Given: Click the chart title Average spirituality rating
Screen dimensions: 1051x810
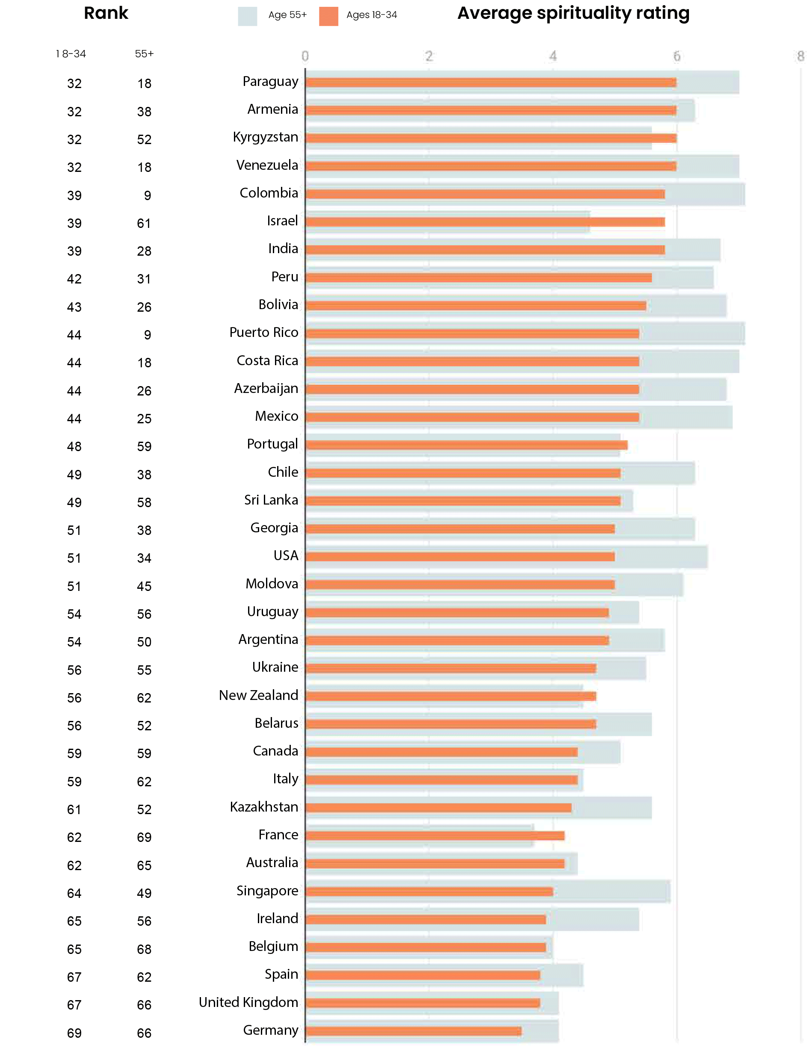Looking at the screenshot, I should [x=573, y=14].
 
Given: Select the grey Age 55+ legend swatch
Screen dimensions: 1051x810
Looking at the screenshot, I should [x=247, y=16].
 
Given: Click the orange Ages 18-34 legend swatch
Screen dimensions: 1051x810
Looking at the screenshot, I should [x=328, y=16].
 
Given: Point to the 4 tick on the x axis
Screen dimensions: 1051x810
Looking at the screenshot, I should [x=553, y=56].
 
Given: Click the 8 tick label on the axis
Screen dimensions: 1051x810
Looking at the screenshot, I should [x=800, y=56].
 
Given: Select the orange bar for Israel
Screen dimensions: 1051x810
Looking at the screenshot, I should [x=485, y=222].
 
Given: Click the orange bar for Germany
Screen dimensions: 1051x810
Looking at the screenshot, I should [x=414, y=1031].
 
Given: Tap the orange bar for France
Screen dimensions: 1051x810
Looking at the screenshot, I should [x=435, y=835].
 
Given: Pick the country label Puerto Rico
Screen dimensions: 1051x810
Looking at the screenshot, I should [x=264, y=333].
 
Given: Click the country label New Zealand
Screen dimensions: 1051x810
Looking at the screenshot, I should [x=258, y=695].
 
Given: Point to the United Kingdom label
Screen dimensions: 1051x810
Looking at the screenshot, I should [x=248, y=1002].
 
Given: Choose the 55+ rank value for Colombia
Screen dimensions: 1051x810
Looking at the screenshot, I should [x=147, y=196].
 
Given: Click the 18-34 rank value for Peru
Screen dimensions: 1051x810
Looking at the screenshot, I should [x=74, y=279].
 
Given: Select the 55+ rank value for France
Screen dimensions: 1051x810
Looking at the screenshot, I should [x=144, y=837].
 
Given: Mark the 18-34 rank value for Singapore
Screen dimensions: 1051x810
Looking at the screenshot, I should [x=74, y=893].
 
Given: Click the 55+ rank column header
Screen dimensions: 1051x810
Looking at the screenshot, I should [x=144, y=54].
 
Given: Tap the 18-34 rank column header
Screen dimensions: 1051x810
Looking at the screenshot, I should [x=71, y=54].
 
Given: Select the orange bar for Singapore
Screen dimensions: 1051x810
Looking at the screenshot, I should [x=429, y=891].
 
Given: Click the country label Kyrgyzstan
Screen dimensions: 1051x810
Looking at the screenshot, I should [x=265, y=137].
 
